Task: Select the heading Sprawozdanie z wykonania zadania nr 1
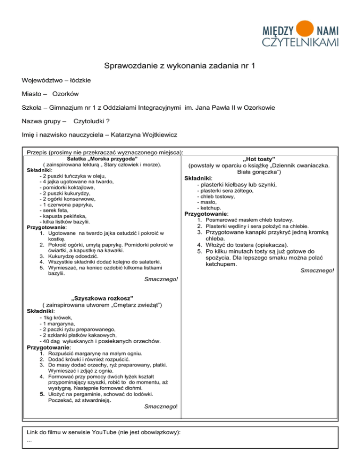(x=180, y=66)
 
